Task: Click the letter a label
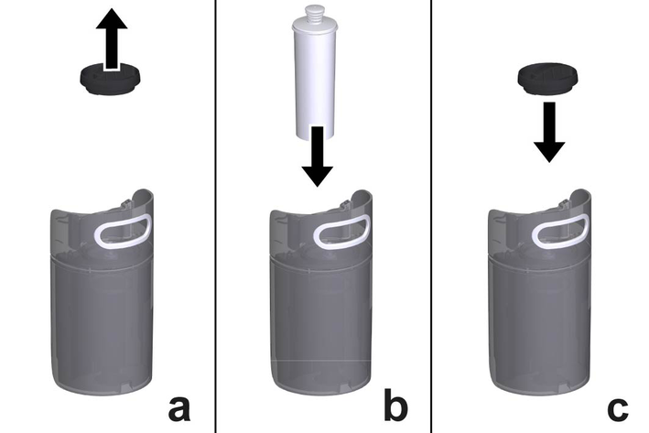tap(179, 408)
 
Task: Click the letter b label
tap(395, 403)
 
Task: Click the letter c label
tap(617, 408)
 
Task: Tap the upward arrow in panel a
tap(112, 39)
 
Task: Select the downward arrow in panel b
tap(317, 157)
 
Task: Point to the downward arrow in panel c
tap(549, 133)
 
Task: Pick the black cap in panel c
tap(547, 79)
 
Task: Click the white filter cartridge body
tap(314, 82)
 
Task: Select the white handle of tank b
tap(341, 232)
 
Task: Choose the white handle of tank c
tap(560, 231)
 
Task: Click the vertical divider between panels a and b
tap(215, 216)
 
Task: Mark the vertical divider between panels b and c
tap(431, 216)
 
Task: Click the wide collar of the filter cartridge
tap(313, 27)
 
